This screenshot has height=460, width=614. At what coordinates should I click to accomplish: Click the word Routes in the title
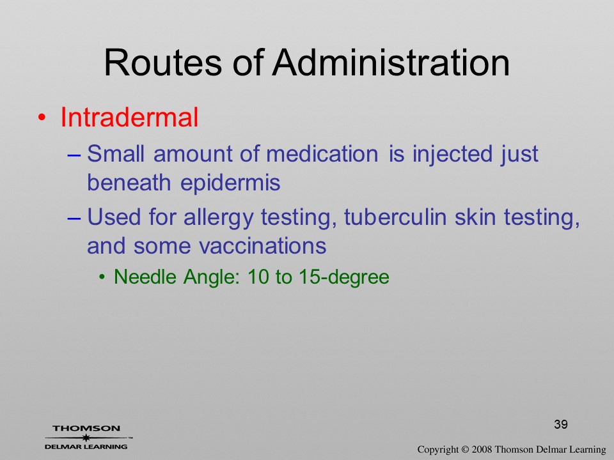pyautogui.click(x=163, y=63)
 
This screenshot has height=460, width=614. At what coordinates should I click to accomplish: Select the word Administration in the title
pyautogui.click(x=391, y=63)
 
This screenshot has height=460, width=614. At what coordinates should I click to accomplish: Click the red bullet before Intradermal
pyautogui.click(x=42, y=118)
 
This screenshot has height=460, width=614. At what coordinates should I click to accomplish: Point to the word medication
pyautogui.click(x=322, y=153)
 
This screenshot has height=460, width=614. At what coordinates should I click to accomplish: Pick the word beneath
pyautogui.click(x=129, y=182)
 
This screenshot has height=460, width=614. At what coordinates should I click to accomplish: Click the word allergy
pyautogui.click(x=218, y=218)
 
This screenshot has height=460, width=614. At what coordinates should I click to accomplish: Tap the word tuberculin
pyautogui.click(x=395, y=217)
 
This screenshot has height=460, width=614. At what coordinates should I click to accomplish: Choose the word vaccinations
pyautogui.click(x=262, y=246)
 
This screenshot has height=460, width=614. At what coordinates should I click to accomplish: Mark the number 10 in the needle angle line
pyautogui.click(x=258, y=277)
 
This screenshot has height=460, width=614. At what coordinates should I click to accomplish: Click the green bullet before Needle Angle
pyautogui.click(x=102, y=277)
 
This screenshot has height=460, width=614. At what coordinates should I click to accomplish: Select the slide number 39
pyautogui.click(x=561, y=424)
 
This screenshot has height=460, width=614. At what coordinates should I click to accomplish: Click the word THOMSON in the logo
pyautogui.click(x=86, y=428)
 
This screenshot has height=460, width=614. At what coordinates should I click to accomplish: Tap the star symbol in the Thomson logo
pyautogui.click(x=86, y=438)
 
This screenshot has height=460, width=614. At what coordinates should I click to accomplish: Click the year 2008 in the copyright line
pyautogui.click(x=481, y=449)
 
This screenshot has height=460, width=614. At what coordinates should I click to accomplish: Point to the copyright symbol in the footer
pyautogui.click(x=465, y=449)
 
